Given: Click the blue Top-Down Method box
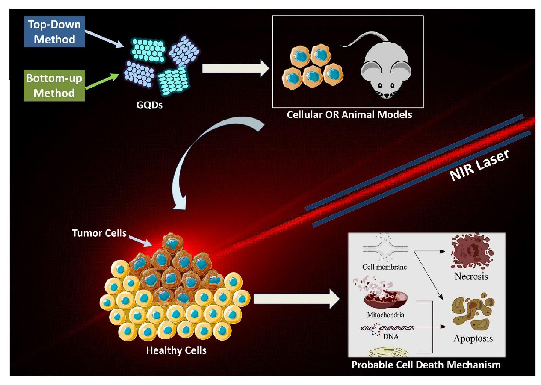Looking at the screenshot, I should click(x=54, y=32).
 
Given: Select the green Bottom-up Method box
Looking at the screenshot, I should click(x=54, y=86).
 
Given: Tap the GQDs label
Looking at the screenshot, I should click(x=149, y=105).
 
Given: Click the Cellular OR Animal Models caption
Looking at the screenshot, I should click(x=349, y=115).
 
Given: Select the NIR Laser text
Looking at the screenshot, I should click(x=479, y=165).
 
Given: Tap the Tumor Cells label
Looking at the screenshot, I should click(x=99, y=233).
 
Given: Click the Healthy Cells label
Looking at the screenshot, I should click(x=176, y=350).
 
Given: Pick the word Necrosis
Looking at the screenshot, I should click(x=471, y=276).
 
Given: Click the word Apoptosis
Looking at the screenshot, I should click(x=473, y=339).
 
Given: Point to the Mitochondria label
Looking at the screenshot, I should click(x=385, y=315).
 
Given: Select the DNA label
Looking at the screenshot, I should click(x=391, y=337).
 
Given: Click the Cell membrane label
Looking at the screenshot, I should click(x=384, y=267).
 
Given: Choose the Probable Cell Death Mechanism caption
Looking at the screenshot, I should click(x=426, y=365).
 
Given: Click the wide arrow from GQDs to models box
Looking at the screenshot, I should click(x=235, y=68).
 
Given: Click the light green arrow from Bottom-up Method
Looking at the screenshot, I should click(x=102, y=82).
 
